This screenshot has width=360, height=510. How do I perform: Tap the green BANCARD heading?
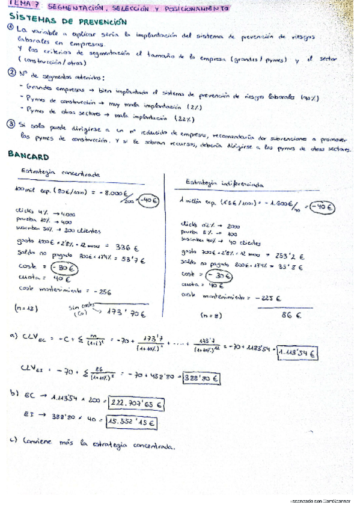click(29, 155)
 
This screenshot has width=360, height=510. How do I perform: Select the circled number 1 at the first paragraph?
click(11, 29)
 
